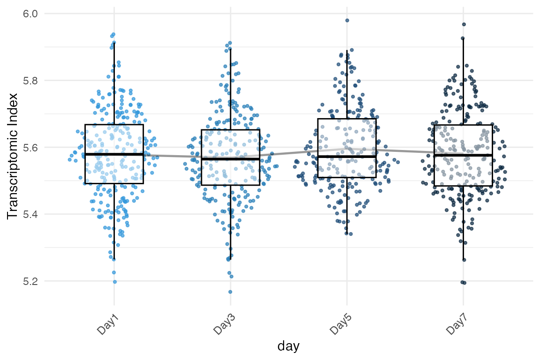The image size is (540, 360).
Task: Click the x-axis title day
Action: pos(288,346)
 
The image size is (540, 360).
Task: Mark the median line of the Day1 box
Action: pos(114,154)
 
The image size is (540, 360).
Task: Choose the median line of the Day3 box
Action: pos(230,159)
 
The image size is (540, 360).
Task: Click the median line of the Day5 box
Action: pos(347,157)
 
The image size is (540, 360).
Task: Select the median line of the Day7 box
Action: pos(463,155)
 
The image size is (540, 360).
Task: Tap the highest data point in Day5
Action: pos(347,20)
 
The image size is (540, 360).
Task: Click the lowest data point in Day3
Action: pos(230,292)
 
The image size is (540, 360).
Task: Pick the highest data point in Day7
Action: pos(464,24)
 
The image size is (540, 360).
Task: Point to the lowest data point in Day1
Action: pos(114,282)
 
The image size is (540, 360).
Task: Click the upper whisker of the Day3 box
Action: pos(230,89)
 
